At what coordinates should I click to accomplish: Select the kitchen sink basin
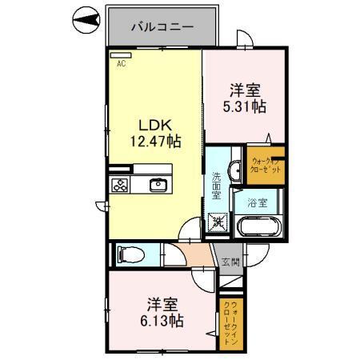[158, 186]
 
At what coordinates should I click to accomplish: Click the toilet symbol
[128, 255]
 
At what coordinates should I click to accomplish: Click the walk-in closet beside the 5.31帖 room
[264, 165]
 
